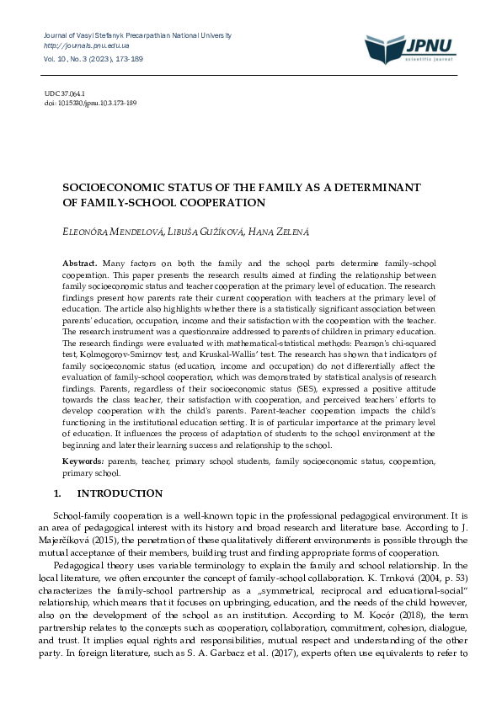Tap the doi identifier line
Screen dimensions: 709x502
pos(90,103)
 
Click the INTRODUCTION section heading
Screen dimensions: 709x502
pos(120,493)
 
